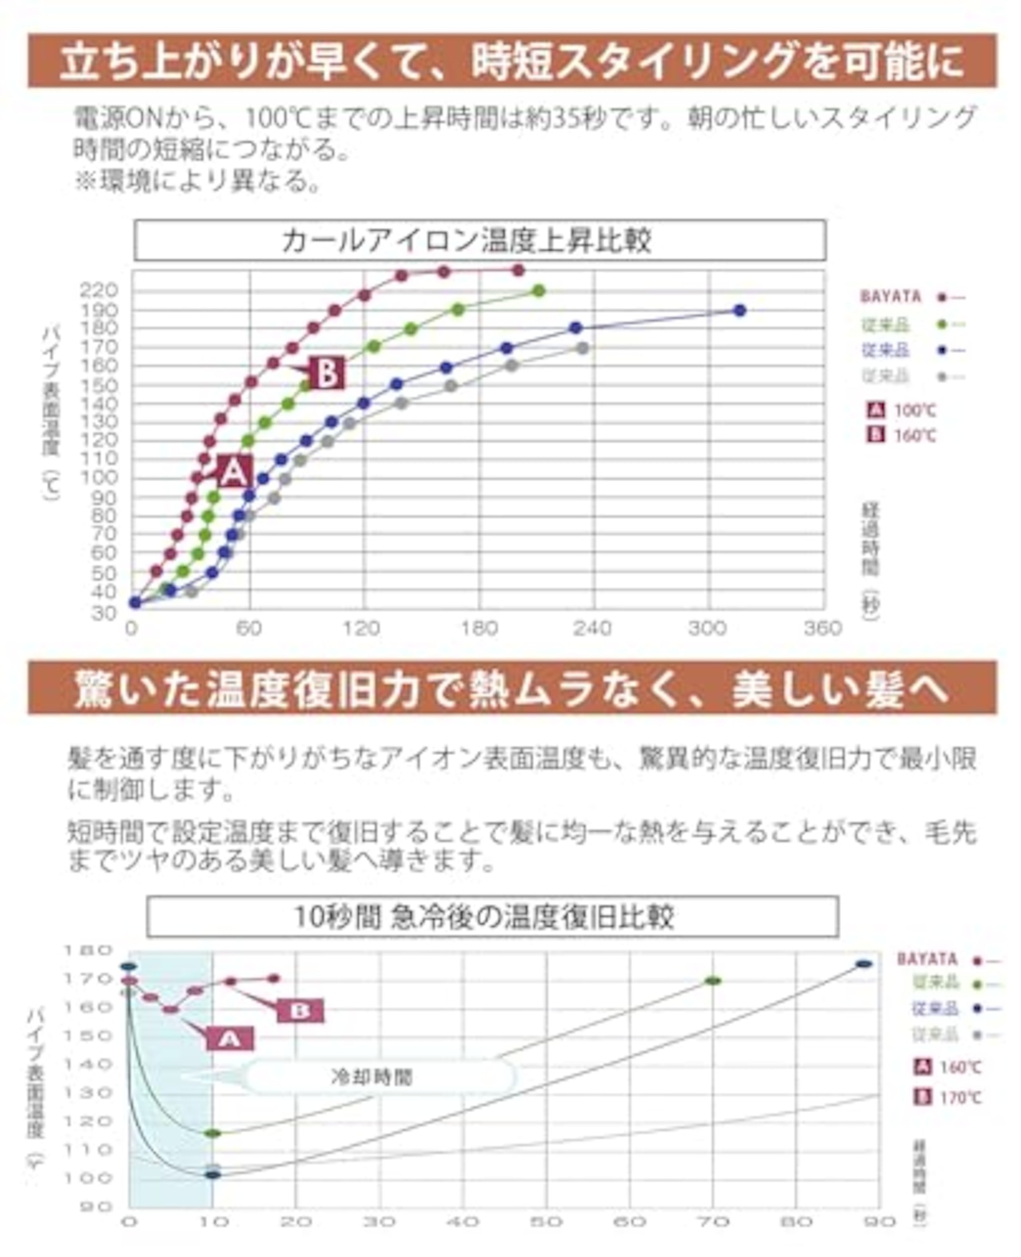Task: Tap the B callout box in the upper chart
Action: tap(326, 372)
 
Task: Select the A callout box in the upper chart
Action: tap(233, 472)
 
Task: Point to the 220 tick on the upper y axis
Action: tap(99, 290)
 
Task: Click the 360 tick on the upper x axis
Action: tap(822, 628)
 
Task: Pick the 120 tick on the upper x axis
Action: tap(361, 628)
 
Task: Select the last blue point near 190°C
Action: tap(739, 310)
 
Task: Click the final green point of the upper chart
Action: tap(538, 291)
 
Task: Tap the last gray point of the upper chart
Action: tap(582, 348)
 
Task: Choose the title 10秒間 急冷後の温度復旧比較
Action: tap(491, 916)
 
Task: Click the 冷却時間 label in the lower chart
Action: tap(372, 1077)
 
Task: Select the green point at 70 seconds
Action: tap(713, 980)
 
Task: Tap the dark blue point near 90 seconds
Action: tap(864, 963)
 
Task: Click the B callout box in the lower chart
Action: tap(300, 1011)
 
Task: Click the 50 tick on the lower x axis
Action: tap(546, 1221)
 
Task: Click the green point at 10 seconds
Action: tap(212, 1133)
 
